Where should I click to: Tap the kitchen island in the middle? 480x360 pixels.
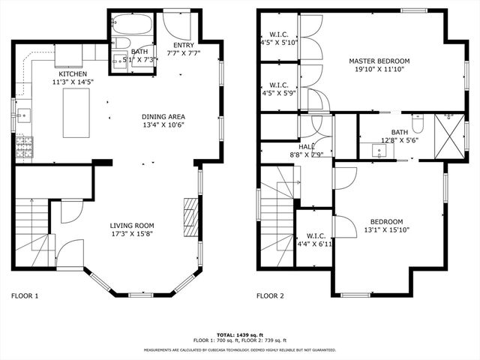(75, 113)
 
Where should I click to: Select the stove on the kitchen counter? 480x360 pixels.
(24, 146)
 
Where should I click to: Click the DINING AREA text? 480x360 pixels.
(163, 116)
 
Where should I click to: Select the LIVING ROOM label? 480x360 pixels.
(132, 225)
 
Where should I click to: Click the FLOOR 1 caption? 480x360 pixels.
(25, 295)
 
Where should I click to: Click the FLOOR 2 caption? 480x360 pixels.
(270, 295)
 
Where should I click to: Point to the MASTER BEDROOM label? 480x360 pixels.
(379, 61)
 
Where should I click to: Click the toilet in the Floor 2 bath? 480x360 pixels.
(418, 122)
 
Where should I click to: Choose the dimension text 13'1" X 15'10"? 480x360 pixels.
(386, 230)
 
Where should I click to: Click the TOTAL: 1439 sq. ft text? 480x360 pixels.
(240, 334)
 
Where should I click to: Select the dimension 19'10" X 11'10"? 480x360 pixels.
(379, 70)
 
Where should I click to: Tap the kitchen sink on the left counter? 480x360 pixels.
(22, 116)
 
